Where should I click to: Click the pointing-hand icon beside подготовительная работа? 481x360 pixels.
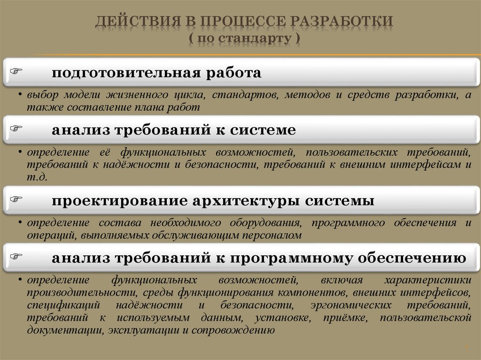pyautogui.click(x=17, y=71)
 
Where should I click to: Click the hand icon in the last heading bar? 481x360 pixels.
pyautogui.click(x=17, y=256)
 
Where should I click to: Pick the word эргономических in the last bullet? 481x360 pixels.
pyautogui.click(x=351, y=305)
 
